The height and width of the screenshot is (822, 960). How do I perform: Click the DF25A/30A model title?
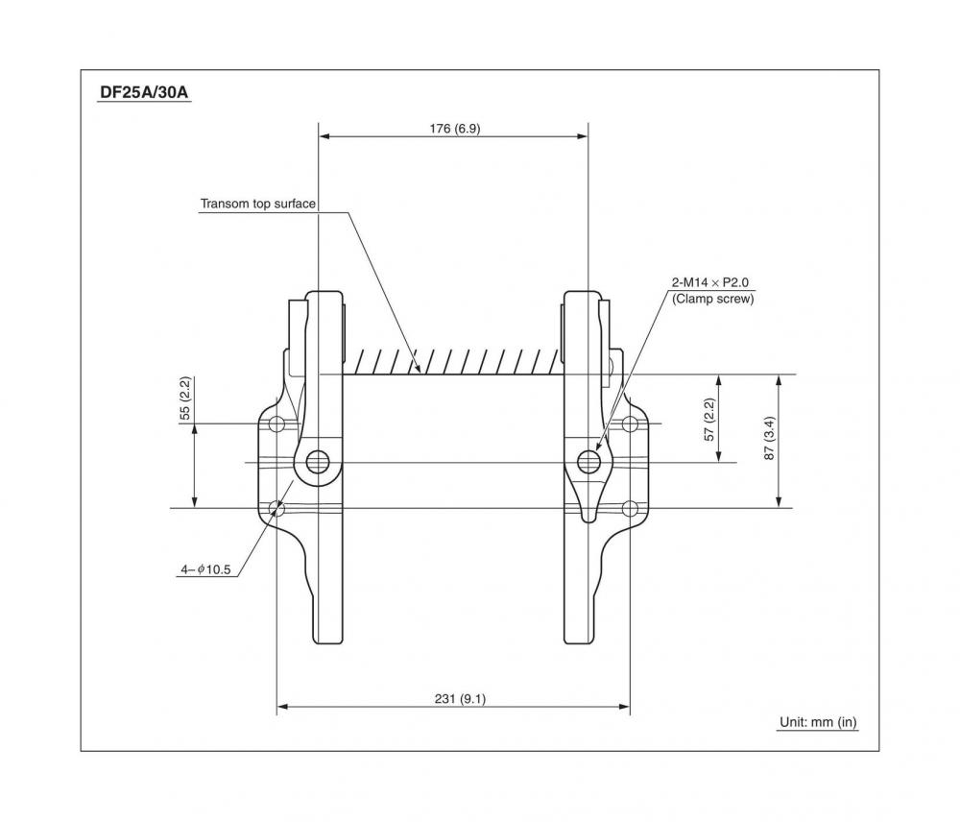tap(144, 92)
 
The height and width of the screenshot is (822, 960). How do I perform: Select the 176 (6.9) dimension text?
tap(455, 129)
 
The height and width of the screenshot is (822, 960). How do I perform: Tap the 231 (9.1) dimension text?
tap(461, 699)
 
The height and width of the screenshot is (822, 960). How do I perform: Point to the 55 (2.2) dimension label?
tap(185, 399)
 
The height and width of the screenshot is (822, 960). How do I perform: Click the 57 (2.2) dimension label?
tap(709, 420)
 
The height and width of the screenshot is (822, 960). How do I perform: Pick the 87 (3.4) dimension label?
tap(770, 438)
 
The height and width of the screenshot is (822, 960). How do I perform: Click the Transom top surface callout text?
tap(257, 204)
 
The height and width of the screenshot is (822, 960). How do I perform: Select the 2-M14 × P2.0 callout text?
tap(710, 282)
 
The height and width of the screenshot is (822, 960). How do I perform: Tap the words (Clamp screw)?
tap(712, 299)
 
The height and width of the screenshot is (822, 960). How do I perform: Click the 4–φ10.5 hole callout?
tap(205, 569)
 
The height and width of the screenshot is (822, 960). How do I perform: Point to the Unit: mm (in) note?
tap(818, 722)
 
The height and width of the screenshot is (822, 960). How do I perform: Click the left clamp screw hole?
tap(317, 462)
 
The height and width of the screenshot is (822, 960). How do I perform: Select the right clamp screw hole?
tap(588, 462)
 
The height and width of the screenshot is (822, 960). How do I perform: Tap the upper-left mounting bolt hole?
tap(276, 423)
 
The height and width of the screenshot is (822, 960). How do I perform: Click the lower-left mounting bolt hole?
tap(276, 508)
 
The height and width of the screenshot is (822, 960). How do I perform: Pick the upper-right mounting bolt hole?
tap(630, 423)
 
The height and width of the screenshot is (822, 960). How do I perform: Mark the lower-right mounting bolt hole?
tap(630, 508)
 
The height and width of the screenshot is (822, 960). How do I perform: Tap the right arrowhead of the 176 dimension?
tap(583, 136)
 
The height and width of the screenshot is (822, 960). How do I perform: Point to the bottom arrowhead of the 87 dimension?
tap(779, 502)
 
